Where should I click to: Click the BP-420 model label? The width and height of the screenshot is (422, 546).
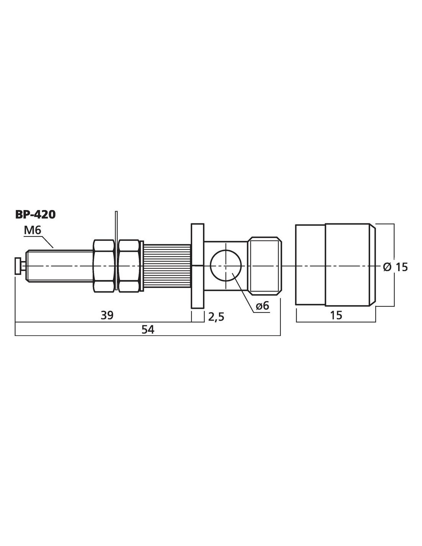35,215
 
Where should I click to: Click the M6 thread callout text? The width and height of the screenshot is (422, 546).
32,231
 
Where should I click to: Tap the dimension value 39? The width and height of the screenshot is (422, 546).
107,315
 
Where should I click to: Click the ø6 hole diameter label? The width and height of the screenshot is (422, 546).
262,306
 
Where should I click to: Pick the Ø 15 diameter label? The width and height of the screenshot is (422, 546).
396,267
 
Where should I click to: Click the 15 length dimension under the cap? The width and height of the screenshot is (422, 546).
336,315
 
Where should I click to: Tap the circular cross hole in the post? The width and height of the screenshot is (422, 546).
226,266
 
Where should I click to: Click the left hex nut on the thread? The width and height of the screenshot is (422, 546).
104,266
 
